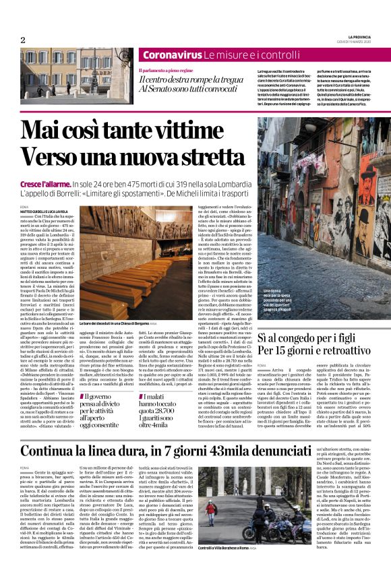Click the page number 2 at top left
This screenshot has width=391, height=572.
22,40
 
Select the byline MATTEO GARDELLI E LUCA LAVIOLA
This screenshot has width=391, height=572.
45,211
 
